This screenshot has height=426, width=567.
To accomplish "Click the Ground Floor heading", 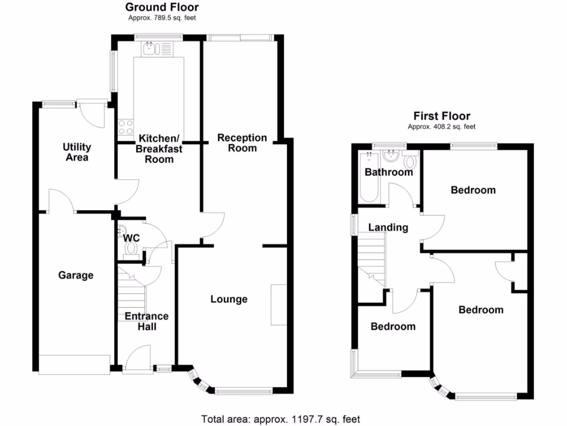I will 162,7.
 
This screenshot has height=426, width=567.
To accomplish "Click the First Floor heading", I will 442,116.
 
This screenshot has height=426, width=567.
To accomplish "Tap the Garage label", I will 76,275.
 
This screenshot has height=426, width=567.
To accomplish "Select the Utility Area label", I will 76,152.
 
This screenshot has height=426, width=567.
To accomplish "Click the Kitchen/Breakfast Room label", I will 159,148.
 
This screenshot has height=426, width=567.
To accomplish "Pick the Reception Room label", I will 242,143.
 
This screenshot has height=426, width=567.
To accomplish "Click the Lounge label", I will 229,299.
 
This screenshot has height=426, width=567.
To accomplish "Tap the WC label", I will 132,238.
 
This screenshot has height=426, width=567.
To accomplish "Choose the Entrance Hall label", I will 147,321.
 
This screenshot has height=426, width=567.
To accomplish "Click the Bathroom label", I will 389,172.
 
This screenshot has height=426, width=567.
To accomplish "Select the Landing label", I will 388,227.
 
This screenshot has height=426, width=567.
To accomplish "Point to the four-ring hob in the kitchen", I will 126,128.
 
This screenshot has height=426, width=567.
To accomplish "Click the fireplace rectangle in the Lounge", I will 279,305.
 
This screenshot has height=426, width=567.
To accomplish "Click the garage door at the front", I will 74,364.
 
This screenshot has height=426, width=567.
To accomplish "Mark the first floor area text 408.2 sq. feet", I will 441,126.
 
